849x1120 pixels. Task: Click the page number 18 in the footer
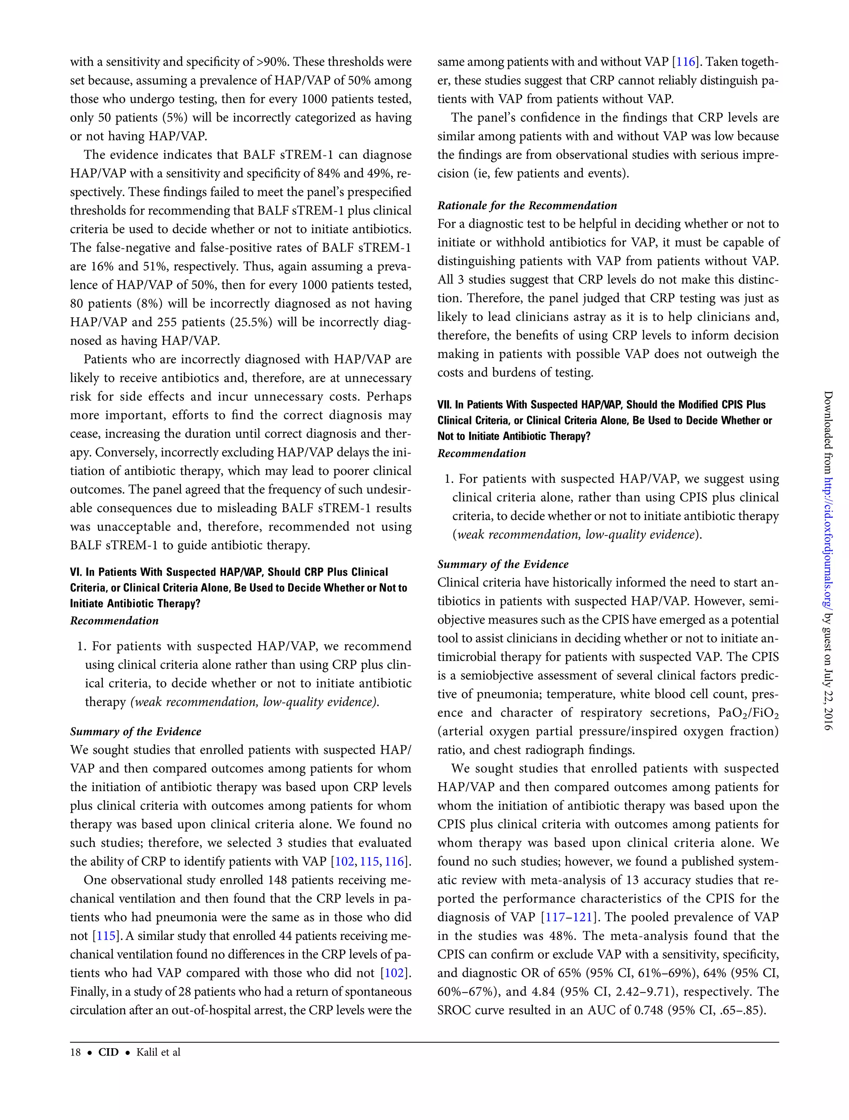[75, 1052]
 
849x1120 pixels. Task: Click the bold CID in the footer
[108, 1052]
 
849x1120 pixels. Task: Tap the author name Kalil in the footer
[147, 1052]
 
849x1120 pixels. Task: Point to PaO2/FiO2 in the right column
[748, 713]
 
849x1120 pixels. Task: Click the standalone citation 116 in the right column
[686, 62]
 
